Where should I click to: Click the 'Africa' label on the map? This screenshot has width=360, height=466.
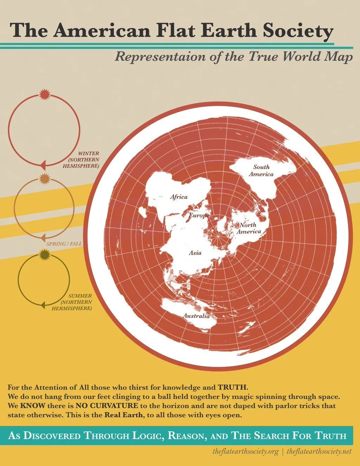coord(179,197)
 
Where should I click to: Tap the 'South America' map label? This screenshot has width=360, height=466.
coord(261,171)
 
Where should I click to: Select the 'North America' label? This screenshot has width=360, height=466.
coord(248,228)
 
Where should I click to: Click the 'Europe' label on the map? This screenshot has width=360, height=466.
coord(199,215)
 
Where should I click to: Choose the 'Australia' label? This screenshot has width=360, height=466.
coord(196,316)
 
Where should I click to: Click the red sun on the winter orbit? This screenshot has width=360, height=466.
coord(44,94)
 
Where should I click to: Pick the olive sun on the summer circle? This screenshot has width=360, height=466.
coord(44,254)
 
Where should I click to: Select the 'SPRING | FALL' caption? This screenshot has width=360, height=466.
coord(64,244)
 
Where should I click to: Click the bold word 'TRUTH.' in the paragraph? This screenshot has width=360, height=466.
coord(233,388)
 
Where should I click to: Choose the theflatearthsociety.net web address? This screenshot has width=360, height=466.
coord(319,451)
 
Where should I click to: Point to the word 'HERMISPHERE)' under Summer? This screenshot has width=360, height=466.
coord(72,308)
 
